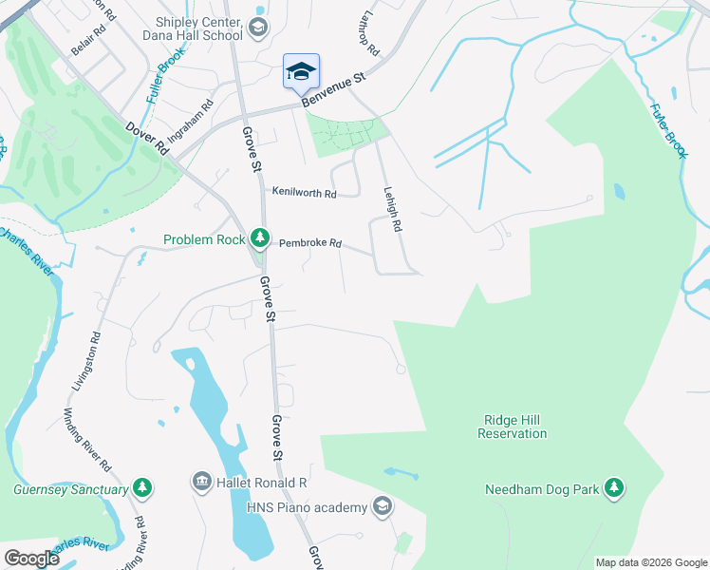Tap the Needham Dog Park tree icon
(615, 488)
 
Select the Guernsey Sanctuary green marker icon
(142, 488)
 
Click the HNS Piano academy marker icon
(382, 506)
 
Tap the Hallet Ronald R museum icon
(201, 483)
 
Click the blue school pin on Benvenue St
(301, 71)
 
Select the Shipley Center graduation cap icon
(257, 28)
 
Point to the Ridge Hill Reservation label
(513, 427)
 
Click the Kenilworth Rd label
(304, 193)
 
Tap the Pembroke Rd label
(309, 243)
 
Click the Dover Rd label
(148, 138)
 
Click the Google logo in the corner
(31, 559)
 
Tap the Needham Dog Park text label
(543, 489)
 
